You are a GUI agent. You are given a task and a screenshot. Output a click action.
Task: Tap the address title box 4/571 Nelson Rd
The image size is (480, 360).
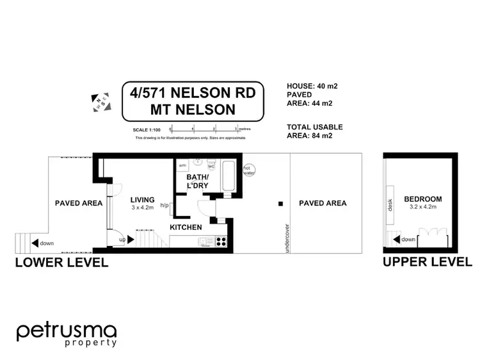tap(193, 101)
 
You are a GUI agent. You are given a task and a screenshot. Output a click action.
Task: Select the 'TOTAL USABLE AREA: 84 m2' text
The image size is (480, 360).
tap(315, 131)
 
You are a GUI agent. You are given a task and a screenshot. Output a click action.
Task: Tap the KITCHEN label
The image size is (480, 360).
tap(186, 227)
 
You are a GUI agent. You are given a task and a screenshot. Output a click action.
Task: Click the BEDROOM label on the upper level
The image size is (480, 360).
tap(423, 199)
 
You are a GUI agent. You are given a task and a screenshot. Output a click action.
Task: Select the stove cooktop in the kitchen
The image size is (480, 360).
tap(221, 241)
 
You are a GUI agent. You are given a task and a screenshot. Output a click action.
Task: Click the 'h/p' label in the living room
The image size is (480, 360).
tap(164, 206)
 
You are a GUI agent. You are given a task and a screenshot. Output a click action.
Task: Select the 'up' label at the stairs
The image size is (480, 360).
tap(122, 240)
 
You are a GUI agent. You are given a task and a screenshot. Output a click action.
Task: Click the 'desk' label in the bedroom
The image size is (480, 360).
tap(390, 204)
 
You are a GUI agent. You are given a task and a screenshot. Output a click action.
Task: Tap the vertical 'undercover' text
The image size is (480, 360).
tap(285, 238)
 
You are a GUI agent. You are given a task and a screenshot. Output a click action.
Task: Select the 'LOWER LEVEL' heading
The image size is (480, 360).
tap(61, 263)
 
